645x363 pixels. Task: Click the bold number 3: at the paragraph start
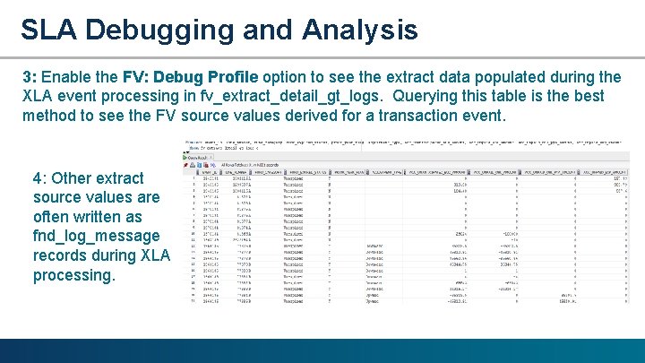tap(30, 75)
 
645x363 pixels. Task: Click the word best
tap(588, 96)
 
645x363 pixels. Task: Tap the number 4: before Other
tap(41, 177)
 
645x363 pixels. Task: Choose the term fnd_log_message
tap(96, 237)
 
